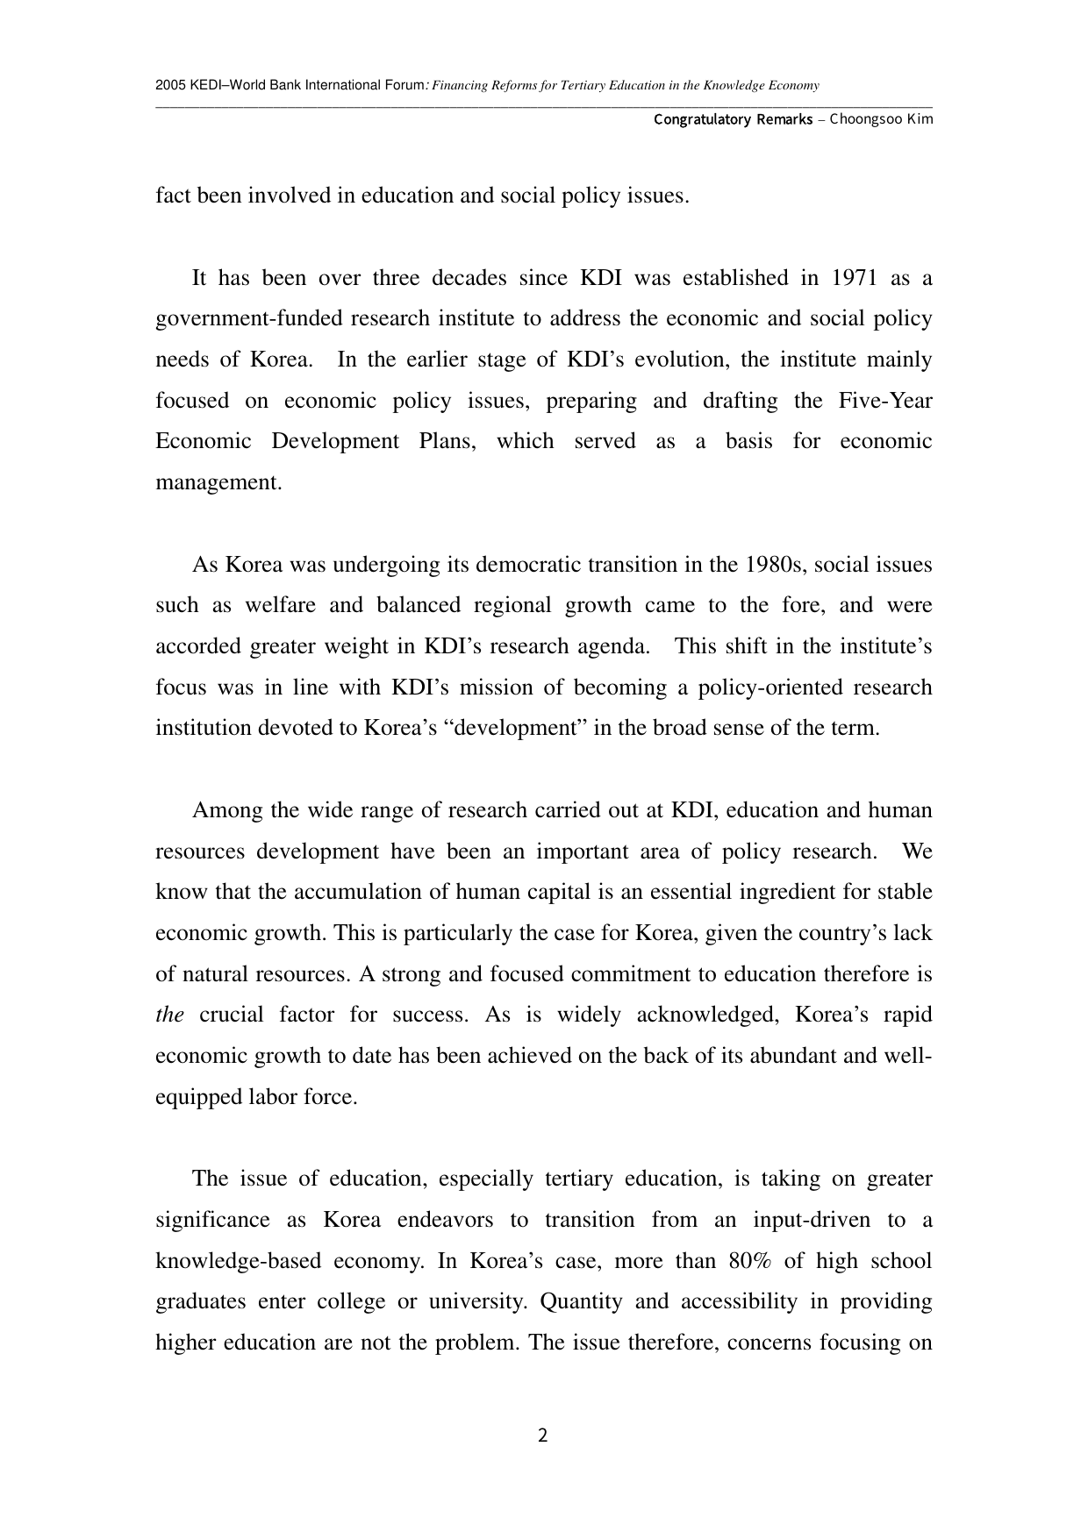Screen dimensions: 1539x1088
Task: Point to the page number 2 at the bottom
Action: coord(542,1436)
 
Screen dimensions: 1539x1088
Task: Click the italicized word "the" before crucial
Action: coord(169,1015)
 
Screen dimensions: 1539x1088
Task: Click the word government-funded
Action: coord(248,318)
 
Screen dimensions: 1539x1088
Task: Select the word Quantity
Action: coord(580,1301)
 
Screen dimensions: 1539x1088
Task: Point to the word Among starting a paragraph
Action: coord(227,810)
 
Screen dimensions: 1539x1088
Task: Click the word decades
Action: coord(469,278)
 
